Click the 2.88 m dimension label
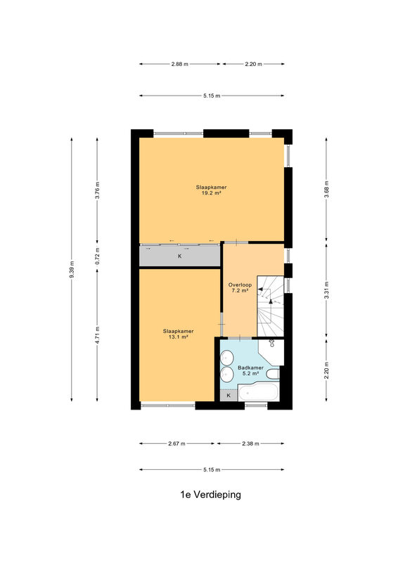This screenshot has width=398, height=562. coord(180,64)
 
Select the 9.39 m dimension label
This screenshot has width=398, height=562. coord(72,270)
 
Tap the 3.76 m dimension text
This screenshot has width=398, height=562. coord(97,190)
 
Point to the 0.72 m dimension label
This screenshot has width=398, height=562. coord(97,256)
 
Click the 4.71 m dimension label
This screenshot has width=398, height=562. coord(97,335)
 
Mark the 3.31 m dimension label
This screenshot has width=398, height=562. coord(326,290)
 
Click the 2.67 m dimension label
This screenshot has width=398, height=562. coord(177,444)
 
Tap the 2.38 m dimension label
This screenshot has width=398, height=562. coord(250,444)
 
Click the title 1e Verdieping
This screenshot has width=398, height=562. coord(211,495)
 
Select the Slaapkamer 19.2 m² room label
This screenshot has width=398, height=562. coord(212,190)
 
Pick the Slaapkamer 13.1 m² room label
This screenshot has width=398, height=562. coord(179,334)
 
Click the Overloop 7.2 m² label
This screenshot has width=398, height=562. coord(240,288)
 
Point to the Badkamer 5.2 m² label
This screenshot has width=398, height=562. coord(251,371)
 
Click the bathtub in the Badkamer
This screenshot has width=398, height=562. coord(259,392)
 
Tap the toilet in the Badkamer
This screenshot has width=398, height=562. coord(274,374)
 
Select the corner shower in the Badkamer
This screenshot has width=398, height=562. coord(271,352)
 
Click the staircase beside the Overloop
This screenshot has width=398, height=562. coord(270,306)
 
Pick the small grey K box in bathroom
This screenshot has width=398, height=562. coord(229,396)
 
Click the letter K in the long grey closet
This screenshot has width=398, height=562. coord(180,256)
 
